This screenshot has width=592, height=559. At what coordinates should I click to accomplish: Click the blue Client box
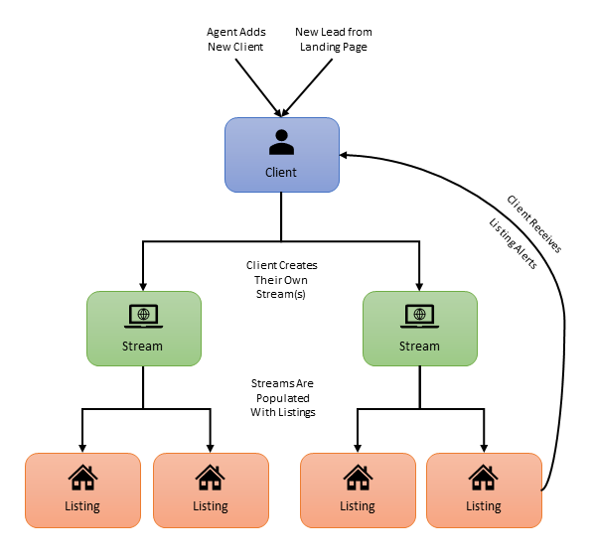coord(282,154)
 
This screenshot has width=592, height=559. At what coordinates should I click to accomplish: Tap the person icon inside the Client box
coord(282,143)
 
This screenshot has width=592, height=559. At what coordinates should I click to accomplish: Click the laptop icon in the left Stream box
coord(144,316)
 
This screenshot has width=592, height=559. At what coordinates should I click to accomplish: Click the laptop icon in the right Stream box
coord(419,316)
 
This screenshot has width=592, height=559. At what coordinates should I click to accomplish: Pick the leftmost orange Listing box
coord(82,489)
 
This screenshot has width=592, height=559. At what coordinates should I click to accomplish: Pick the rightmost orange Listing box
coord(484,489)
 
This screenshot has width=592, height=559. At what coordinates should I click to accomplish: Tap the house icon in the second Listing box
coord(210,478)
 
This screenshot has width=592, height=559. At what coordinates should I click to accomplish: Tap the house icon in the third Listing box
coord(358,478)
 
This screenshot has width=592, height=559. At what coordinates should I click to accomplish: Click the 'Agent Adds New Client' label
coord(235,40)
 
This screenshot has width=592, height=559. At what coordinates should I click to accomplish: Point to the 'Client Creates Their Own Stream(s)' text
coord(282,279)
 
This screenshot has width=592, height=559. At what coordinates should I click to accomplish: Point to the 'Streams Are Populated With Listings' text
coord(283,396)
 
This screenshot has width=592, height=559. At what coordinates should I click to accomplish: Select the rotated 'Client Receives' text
coord(533,223)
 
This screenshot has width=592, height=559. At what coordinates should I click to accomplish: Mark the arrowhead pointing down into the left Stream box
coord(144,285)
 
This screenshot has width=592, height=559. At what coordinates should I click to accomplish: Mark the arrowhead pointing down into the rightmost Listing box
coord(484,447)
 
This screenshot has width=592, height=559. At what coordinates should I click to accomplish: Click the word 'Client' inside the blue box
coord(282,172)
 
